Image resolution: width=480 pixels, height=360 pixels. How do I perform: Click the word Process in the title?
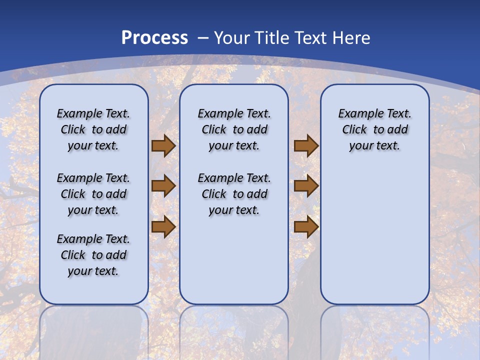(x=154, y=38)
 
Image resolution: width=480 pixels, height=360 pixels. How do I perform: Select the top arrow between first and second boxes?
(x=163, y=146)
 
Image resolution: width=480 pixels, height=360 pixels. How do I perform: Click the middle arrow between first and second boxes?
(x=163, y=186)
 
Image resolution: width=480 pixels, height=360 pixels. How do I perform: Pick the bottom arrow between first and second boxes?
(x=163, y=227)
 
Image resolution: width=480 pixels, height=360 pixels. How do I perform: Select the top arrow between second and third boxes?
(x=306, y=146)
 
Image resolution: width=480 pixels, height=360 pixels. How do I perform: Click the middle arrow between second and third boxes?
(x=306, y=186)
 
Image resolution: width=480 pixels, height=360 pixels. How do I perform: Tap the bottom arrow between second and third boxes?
(x=306, y=227)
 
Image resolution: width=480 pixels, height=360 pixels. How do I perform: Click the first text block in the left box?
(x=93, y=129)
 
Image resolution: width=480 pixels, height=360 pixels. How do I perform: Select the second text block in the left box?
(x=93, y=194)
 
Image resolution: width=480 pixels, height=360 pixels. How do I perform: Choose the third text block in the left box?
(x=93, y=255)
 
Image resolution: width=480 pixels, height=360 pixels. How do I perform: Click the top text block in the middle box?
(x=234, y=129)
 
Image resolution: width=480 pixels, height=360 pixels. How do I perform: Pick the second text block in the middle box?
(x=234, y=194)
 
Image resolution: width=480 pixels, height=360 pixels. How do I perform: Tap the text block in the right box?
(x=374, y=129)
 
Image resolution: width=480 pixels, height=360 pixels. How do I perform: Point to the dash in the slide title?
(x=203, y=38)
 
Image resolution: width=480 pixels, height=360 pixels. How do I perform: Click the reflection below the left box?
(x=93, y=330)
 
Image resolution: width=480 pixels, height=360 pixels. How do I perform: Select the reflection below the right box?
(x=374, y=330)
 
